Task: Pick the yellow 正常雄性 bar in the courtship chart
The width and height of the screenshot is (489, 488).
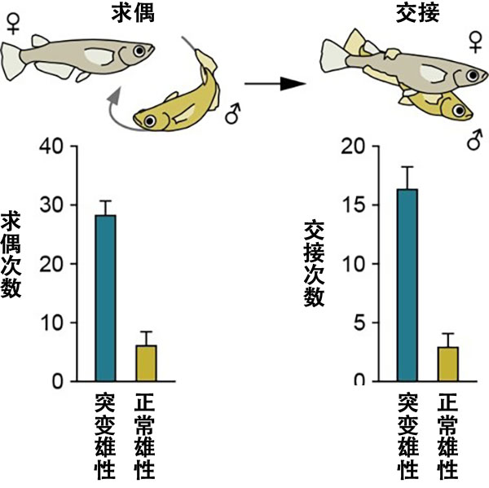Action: (x=146, y=363)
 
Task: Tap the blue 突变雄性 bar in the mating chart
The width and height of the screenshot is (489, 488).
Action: (x=407, y=285)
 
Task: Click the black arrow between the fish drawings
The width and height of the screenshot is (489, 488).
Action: (x=274, y=83)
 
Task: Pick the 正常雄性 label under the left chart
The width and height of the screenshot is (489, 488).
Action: (x=145, y=437)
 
